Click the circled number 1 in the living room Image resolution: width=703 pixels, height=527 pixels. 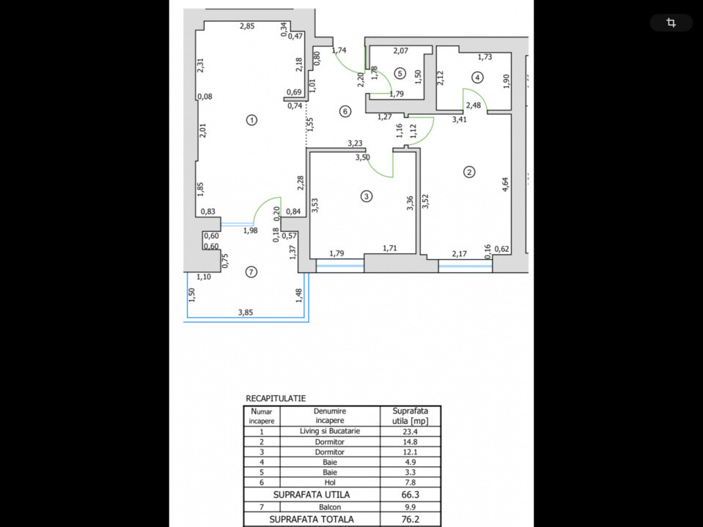point(251,120)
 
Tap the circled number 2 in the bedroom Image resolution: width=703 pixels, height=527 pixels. point(469,173)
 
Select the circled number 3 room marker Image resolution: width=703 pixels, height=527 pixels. point(367,195)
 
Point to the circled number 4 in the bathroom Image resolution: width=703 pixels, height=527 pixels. point(477,77)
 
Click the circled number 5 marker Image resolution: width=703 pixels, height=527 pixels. point(400,72)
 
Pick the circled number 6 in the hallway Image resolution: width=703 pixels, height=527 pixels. point(345,111)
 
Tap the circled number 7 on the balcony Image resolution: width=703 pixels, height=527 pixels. point(251,272)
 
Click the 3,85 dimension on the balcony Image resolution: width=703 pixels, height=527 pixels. point(246,313)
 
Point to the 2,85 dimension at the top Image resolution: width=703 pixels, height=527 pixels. point(247,27)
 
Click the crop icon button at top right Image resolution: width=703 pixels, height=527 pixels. point(671,23)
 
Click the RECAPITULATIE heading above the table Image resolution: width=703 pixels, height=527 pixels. point(276,399)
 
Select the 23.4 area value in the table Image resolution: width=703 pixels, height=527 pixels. point(411,432)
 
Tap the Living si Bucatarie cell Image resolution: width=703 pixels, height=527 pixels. point(330,431)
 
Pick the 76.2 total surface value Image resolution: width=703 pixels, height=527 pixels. point(411,520)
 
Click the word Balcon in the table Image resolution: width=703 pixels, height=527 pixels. point(330,507)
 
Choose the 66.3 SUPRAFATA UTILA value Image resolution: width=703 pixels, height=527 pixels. point(411,494)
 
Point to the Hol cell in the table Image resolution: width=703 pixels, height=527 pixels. point(330,483)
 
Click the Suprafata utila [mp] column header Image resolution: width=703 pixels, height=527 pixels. point(411,416)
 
